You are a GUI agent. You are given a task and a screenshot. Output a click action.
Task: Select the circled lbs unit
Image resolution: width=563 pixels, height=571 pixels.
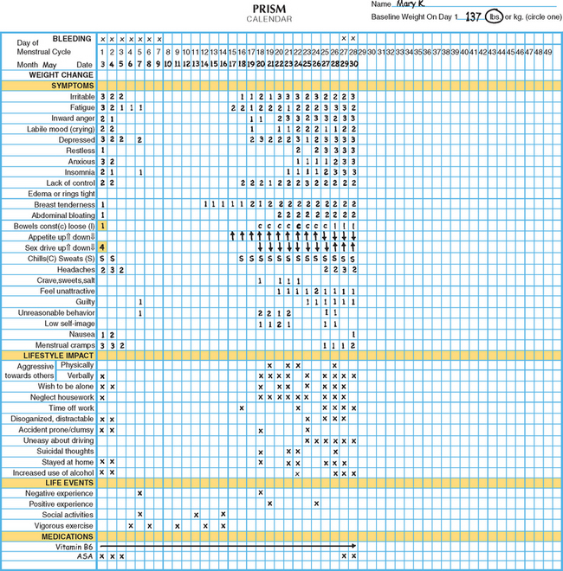pos(495,16)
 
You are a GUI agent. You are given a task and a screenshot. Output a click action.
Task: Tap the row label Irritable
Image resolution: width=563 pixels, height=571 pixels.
pos(79,97)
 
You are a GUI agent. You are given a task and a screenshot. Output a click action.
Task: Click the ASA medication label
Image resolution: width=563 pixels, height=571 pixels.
pos(85,557)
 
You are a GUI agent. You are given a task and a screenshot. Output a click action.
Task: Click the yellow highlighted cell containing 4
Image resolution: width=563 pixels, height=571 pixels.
pos(102,247)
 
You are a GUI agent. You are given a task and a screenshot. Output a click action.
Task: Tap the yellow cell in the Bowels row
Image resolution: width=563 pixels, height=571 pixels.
pos(102,226)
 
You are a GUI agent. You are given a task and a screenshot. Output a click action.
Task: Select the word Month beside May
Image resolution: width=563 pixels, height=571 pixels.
pos(26,65)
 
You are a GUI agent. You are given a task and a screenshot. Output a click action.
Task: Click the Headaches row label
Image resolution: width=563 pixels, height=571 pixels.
pos(76,269)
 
